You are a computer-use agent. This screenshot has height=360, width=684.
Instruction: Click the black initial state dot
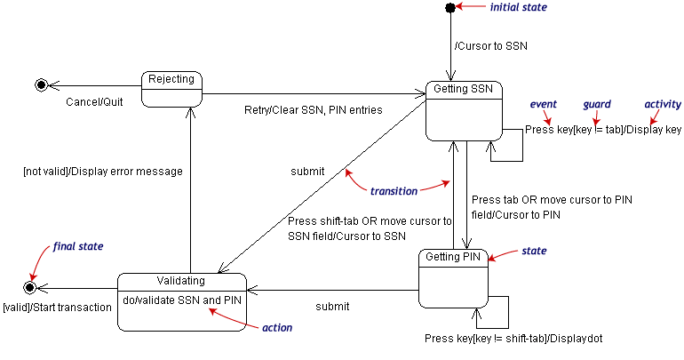point(450,7)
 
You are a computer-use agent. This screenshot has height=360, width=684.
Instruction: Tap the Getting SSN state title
point(463,89)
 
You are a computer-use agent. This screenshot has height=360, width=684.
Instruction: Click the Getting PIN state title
point(453,257)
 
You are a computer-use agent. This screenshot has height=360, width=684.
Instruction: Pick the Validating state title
point(180,280)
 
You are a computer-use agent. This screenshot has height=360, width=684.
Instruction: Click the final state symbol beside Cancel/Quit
point(41,84)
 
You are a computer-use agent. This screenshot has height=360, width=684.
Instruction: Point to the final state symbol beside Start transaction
point(29,287)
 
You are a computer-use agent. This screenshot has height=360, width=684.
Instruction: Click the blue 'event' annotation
point(543,104)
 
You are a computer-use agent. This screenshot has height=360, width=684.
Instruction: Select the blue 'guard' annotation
point(597,105)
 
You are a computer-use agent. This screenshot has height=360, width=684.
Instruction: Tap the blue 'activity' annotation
point(663,104)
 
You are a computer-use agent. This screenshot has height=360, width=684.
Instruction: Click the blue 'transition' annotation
point(394,191)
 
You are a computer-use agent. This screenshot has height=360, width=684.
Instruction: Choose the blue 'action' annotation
point(277,328)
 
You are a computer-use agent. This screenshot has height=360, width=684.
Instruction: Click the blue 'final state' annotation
point(78,246)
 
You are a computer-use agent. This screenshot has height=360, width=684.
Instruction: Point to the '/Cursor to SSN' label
point(490,46)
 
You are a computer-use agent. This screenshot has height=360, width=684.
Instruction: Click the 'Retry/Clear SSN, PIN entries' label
point(314,110)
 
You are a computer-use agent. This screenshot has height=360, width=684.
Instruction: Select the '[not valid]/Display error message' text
point(103,172)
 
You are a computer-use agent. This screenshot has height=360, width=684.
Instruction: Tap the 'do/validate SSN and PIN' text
point(182,300)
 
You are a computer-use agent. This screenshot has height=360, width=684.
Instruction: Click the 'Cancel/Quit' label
point(94,102)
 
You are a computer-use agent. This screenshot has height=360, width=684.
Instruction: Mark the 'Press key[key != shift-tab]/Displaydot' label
point(513,339)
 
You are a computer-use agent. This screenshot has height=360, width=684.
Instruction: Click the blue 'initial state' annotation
point(518,7)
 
